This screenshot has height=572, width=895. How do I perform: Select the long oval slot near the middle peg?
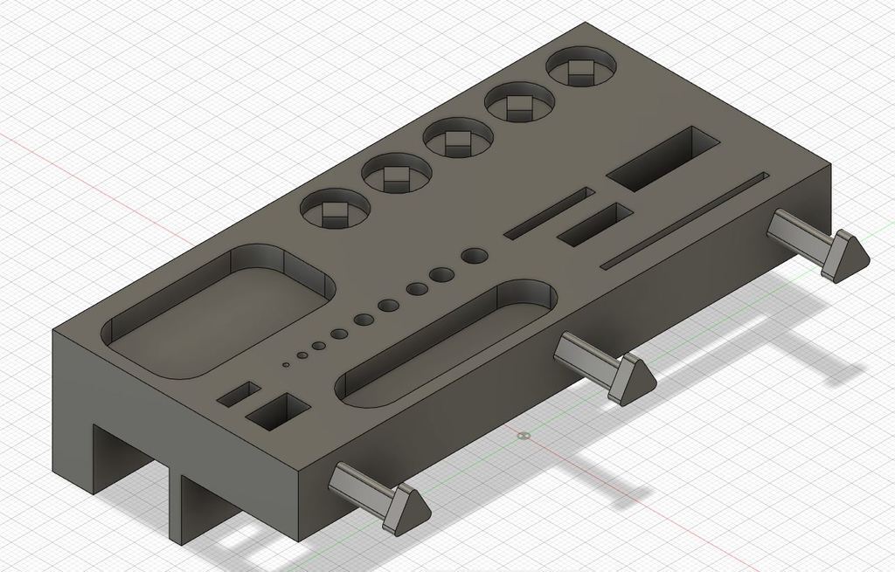coord(446,343)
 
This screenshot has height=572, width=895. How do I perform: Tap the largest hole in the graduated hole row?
coord(475,256)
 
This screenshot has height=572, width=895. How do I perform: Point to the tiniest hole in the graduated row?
coord(285,363)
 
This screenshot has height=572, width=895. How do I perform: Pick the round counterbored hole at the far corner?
coord(581,71)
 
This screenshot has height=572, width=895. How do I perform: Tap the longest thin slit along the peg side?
coord(686,218)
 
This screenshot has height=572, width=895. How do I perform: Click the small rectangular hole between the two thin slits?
coord(595,224)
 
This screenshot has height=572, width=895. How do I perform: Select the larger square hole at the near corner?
coord(279,411)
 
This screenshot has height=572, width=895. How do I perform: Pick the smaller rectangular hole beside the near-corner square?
coord(239,393)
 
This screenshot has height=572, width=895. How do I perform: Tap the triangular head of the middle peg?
coord(634,381)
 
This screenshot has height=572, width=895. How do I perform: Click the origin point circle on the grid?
coord(523,434)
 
